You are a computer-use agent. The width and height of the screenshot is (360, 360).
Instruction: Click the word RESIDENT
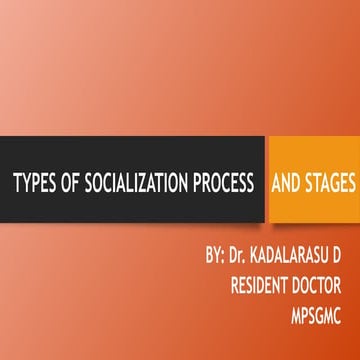point(263,270)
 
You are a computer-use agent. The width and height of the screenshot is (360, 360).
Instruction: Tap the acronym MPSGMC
point(319,294)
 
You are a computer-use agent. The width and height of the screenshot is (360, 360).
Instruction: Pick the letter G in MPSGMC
point(321,294)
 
